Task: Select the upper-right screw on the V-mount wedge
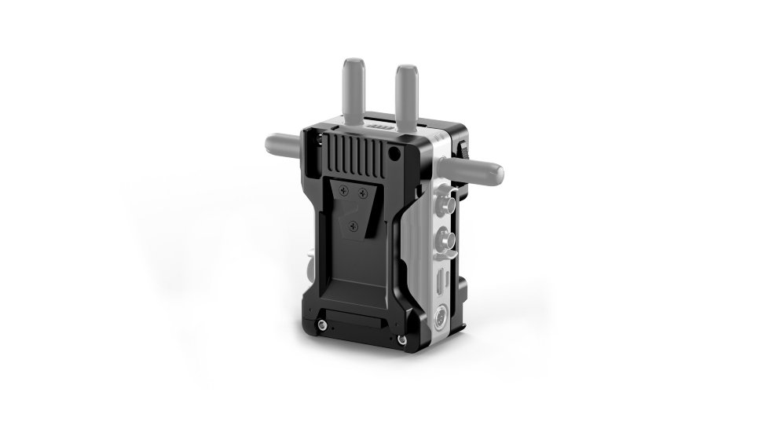tap(361, 191)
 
